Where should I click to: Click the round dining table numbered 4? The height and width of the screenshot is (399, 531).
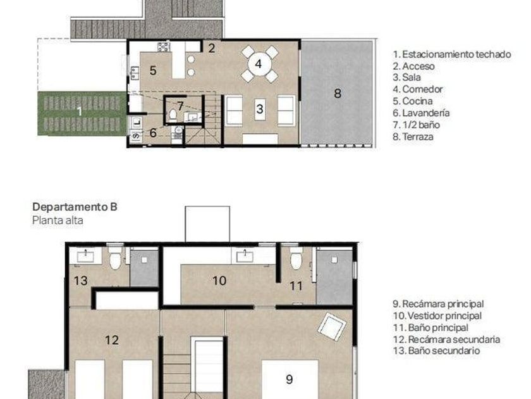[259, 64]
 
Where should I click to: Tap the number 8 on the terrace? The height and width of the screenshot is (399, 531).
[338, 93]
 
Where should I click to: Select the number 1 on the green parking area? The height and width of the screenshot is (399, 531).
[80, 111]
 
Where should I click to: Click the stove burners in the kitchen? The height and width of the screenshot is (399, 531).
[164, 46]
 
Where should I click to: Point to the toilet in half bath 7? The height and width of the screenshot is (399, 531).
[173, 115]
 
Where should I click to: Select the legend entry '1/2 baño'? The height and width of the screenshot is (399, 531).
[416, 125]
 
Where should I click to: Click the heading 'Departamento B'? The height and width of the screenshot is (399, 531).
[75, 206]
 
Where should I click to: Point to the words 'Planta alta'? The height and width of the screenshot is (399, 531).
[58, 220]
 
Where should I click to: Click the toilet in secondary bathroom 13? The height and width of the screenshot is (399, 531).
[116, 258]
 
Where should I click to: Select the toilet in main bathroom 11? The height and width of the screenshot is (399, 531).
[296, 258]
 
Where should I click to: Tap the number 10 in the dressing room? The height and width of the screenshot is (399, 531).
[219, 281]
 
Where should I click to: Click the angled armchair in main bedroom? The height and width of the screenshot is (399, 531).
[332, 327]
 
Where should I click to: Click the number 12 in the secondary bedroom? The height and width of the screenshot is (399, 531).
[112, 339]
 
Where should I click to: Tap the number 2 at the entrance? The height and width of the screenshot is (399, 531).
[212, 48]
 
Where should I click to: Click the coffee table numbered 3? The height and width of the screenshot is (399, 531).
[260, 109]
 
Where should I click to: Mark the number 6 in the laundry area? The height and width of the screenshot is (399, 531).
[153, 132]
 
